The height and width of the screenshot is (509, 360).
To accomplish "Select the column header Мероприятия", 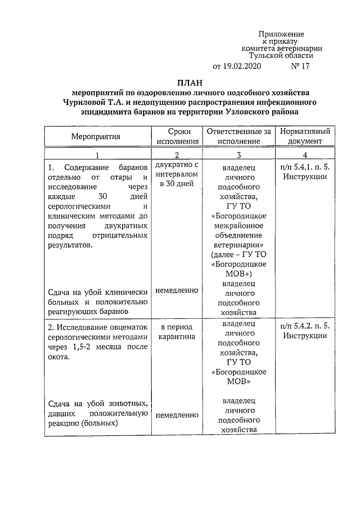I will (x=95, y=136).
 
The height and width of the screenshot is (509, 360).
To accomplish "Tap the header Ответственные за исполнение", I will (x=238, y=136).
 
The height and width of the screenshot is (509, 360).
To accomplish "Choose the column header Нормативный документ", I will (x=304, y=136).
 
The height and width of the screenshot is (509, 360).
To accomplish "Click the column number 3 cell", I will (x=238, y=155).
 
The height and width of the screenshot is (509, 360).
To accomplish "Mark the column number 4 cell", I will (x=304, y=155).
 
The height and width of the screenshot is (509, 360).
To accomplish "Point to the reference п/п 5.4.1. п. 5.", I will (x=304, y=168).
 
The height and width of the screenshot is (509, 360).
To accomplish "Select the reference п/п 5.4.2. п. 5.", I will (x=304, y=326).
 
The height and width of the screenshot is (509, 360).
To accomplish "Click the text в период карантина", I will (x=177, y=331).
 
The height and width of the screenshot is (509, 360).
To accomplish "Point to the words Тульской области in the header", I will (x=281, y=56).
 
